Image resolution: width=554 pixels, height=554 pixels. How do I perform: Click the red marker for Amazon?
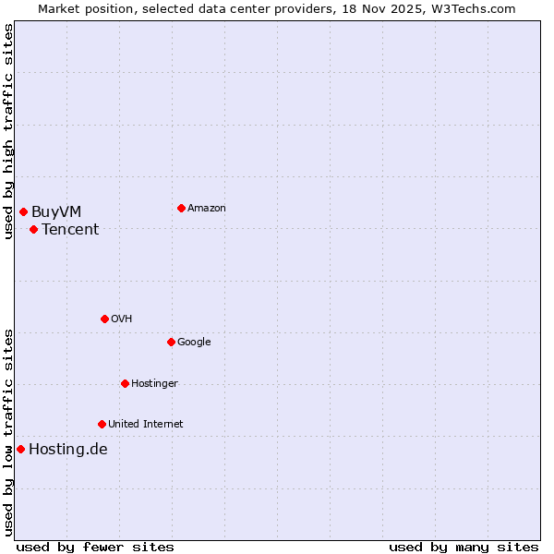181,208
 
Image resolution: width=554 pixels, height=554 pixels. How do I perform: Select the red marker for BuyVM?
23,211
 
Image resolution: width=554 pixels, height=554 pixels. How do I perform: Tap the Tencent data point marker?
33,229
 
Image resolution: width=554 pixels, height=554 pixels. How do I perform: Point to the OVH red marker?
104,319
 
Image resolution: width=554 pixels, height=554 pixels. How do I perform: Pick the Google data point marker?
171,342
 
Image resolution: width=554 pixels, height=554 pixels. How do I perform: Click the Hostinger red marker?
125,383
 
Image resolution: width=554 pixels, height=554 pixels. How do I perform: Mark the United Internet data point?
102,424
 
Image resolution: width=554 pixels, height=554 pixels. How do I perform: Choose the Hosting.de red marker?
20,449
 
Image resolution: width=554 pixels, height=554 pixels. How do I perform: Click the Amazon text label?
206,209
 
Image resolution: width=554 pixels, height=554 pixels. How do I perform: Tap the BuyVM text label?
56,212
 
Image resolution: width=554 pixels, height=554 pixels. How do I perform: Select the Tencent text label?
70,230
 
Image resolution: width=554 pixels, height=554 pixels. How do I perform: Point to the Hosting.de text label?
68,450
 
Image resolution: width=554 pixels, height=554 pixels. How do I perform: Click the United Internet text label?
145,425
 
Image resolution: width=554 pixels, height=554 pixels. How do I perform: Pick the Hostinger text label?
154,384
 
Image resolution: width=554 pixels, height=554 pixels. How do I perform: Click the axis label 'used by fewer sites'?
95,547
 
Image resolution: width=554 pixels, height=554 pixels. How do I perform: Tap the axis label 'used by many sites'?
464,547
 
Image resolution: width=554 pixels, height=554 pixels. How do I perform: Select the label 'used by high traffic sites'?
9,131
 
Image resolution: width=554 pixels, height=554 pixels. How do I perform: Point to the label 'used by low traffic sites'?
9,431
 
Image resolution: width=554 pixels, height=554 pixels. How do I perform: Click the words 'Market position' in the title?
82,8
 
